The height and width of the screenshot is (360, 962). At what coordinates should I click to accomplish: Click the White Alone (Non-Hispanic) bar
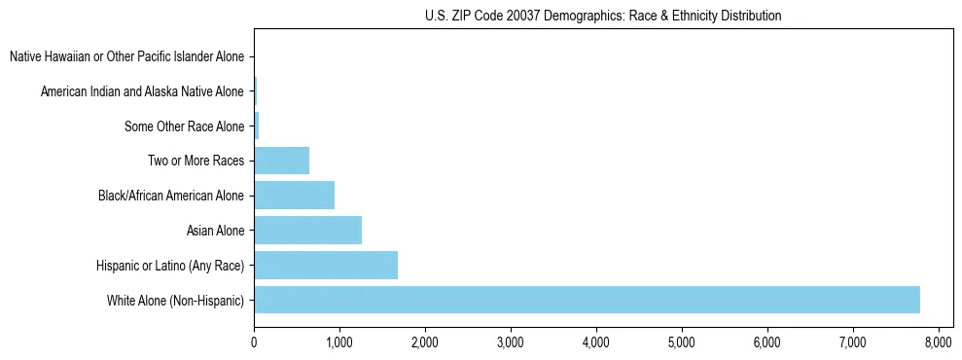point(587,300)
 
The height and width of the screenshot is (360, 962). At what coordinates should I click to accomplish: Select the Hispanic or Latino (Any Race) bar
point(326,265)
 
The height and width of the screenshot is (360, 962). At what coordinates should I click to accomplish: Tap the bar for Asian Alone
point(307,231)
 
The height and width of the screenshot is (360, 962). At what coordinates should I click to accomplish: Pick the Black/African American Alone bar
point(294,196)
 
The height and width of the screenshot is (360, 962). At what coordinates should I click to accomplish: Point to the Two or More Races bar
point(281,161)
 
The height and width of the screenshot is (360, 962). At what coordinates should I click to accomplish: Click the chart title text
point(603,16)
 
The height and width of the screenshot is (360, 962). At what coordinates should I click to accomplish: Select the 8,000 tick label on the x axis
point(938,343)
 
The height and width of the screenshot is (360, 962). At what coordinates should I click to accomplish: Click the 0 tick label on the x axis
point(254,343)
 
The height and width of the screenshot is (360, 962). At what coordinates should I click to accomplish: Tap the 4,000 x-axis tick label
point(595,343)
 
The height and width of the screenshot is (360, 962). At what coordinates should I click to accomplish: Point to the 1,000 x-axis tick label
point(339,343)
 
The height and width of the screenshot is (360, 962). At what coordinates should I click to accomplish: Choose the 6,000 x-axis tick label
point(766,343)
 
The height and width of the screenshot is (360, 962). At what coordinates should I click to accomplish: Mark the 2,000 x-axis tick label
point(425,343)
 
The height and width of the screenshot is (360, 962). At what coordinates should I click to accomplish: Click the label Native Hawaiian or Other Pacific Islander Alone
point(126,56)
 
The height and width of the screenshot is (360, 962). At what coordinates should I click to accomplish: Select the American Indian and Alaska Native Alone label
point(142,91)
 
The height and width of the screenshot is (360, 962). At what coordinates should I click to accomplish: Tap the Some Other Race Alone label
point(184,126)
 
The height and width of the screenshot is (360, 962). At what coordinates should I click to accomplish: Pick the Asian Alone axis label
point(215,231)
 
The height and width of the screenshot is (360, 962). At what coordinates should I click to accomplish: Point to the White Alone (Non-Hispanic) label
point(175,300)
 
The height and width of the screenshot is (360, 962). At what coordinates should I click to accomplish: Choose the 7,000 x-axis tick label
point(852,343)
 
